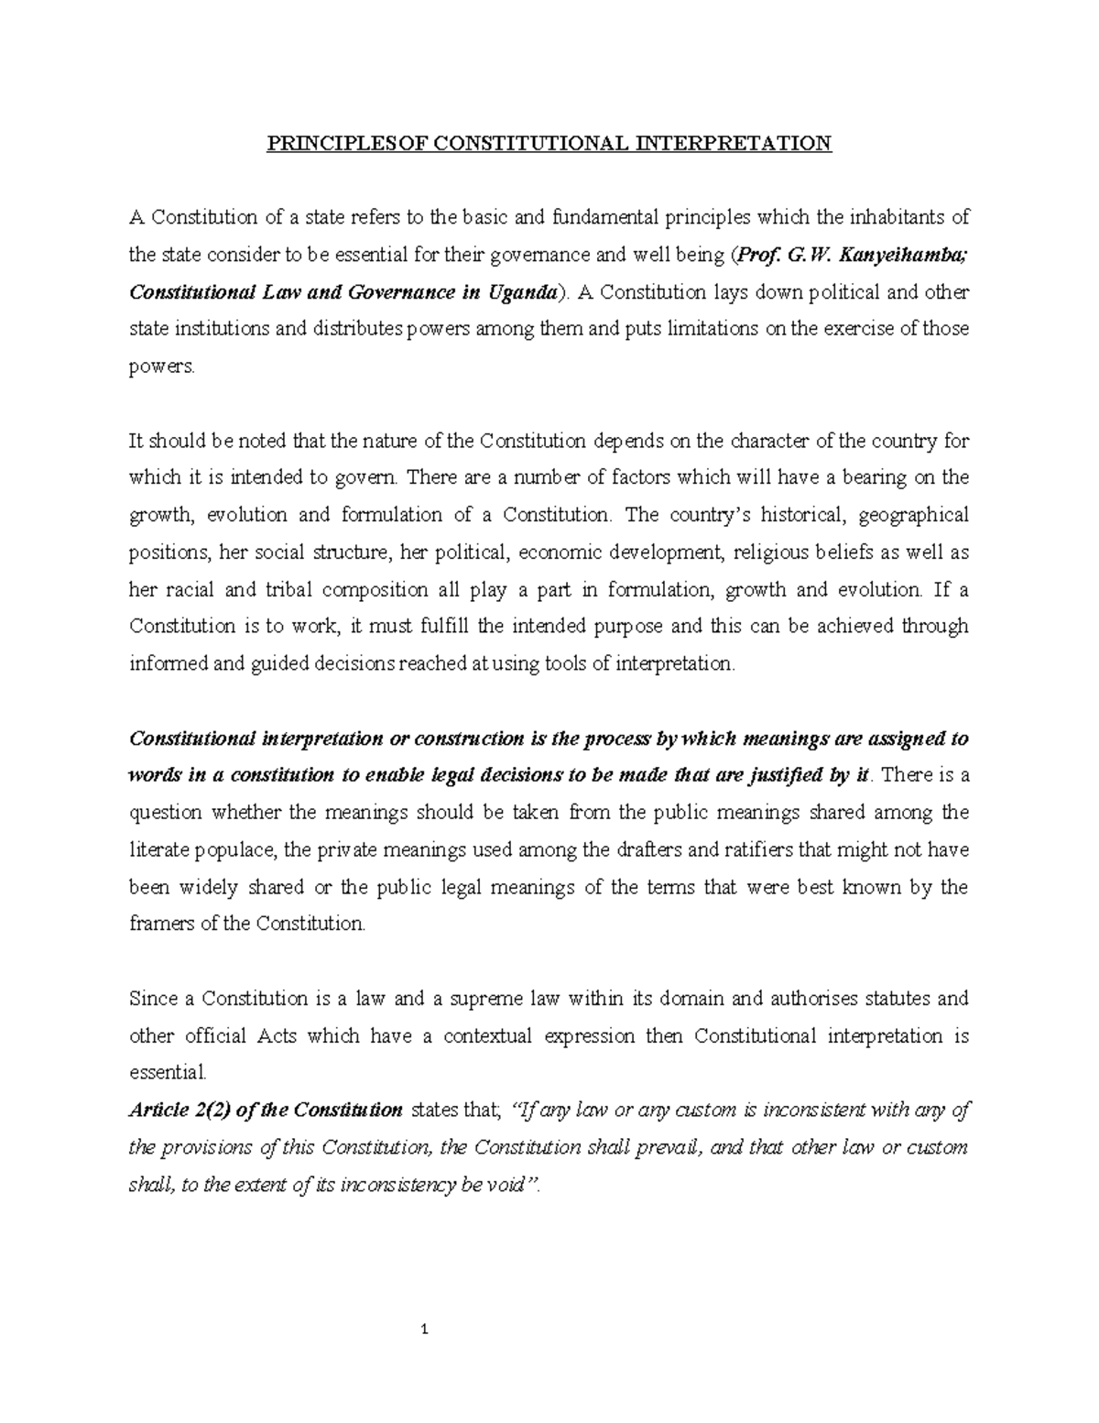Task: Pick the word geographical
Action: tap(914, 515)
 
